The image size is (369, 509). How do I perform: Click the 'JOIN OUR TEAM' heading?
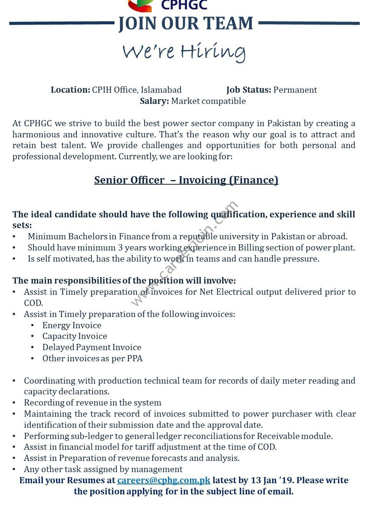[186, 23]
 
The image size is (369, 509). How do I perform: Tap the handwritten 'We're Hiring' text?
[184, 52]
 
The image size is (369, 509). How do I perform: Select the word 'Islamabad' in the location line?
[161, 90]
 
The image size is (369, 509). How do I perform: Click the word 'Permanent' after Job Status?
[295, 90]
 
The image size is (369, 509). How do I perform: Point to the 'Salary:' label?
[154, 101]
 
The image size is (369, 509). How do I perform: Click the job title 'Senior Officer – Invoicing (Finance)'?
[186, 180]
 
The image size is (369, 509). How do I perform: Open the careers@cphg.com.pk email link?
[164, 481]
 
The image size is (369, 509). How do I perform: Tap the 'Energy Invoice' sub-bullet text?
[72, 325]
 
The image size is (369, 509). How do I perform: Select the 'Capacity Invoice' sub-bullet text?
[75, 336]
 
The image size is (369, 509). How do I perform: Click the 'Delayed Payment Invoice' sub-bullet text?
[92, 347]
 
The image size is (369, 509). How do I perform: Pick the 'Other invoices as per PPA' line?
[92, 359]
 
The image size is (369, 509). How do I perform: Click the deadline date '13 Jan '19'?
[273, 481]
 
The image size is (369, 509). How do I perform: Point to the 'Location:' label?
[70, 90]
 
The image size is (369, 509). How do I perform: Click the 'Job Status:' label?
[249, 90]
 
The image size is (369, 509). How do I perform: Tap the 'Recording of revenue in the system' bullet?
[92, 403]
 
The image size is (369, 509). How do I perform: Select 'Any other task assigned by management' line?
[103, 469]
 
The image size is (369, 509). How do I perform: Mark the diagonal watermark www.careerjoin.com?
[184, 254]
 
